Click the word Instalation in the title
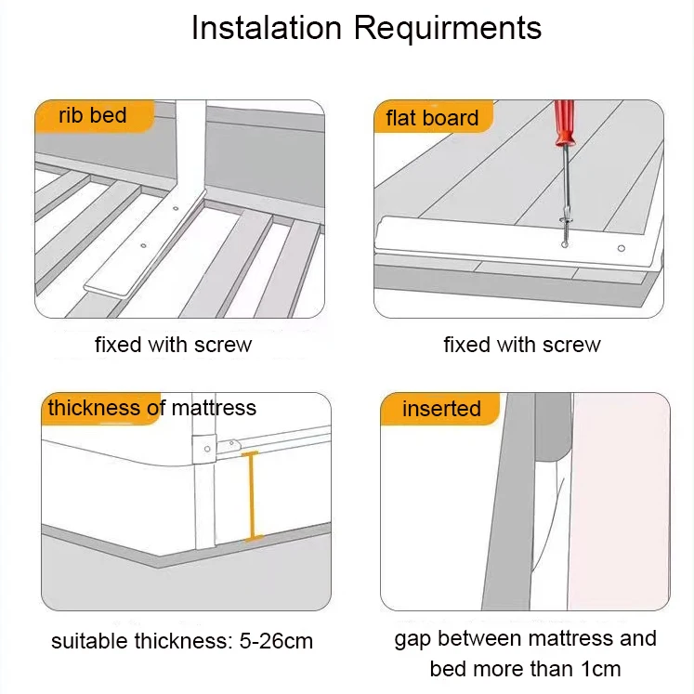[267, 27]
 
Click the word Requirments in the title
[447, 27]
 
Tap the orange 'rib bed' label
[92, 116]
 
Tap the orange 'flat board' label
[432, 118]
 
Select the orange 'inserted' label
[441, 409]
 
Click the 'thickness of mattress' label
[151, 408]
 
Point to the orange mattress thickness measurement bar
[252, 496]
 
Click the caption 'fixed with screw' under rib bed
[173, 345]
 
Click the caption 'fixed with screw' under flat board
[521, 345]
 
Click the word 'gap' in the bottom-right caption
[413, 640]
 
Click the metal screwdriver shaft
[564, 195]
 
